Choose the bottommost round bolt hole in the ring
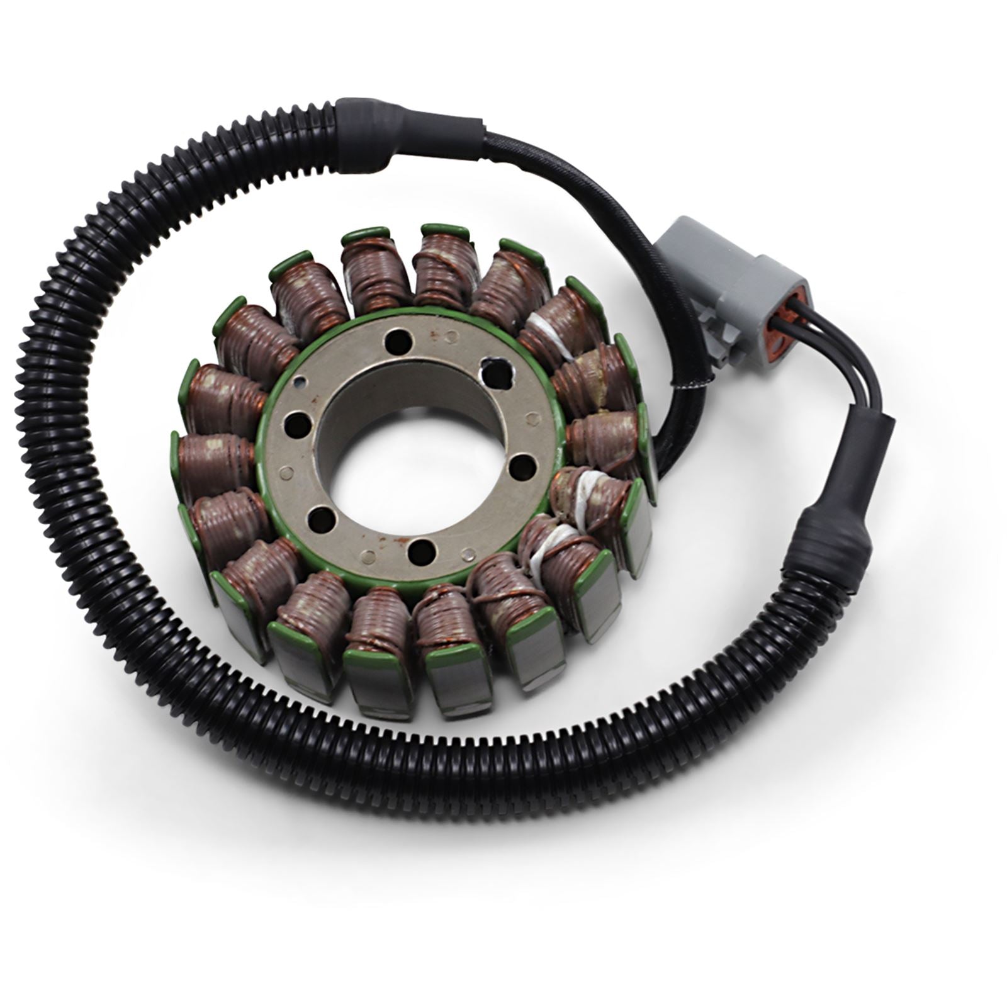(417, 551)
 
